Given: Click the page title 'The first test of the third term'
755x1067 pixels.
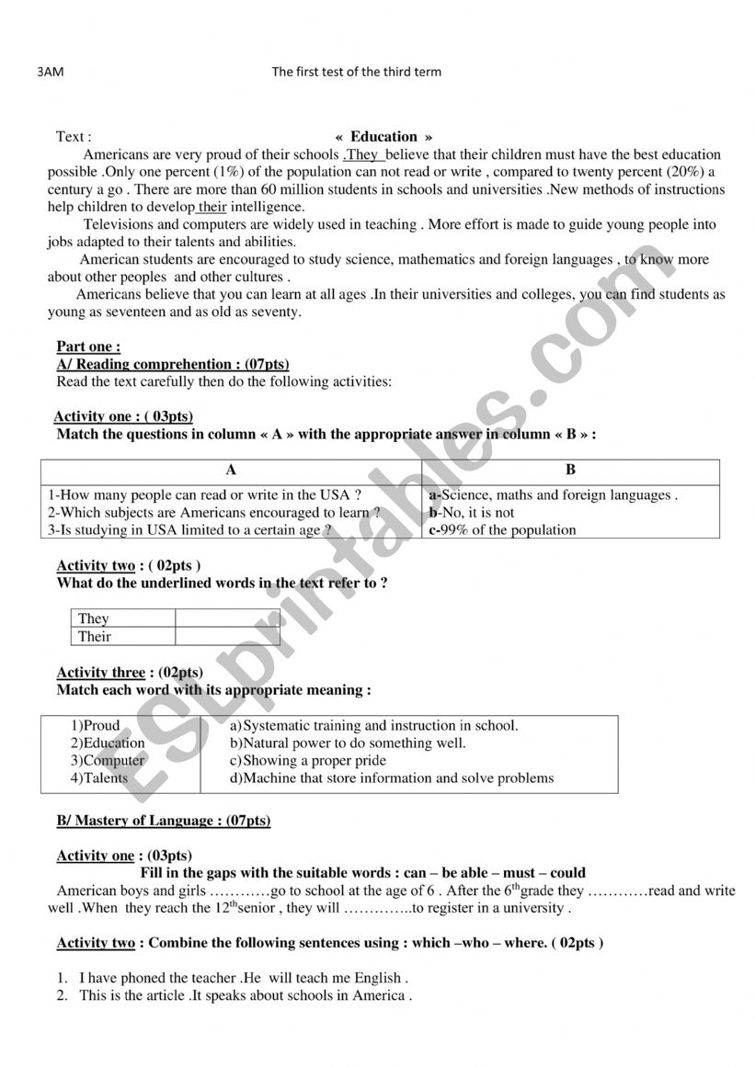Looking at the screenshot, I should [357, 72].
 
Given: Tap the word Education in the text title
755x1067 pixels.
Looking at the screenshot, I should [383, 136].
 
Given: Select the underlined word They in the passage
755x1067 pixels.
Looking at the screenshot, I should [362, 154].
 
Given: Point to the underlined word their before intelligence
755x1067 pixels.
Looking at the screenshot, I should [212, 207].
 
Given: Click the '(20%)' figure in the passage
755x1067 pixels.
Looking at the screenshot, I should [678, 172].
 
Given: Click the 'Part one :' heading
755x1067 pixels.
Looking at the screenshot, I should [88, 346].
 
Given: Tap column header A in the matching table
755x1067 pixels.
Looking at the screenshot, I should [231, 470].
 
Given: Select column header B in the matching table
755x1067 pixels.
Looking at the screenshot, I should [570, 470].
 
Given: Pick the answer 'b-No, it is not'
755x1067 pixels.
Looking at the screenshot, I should [472, 512].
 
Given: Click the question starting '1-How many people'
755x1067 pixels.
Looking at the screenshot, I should [197, 494].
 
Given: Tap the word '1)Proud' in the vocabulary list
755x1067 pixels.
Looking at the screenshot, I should [96, 725].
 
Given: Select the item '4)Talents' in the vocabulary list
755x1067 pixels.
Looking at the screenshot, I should [99, 778].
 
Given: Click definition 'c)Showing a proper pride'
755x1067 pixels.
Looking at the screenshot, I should [308, 761].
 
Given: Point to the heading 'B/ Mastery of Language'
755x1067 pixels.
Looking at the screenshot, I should [164, 821].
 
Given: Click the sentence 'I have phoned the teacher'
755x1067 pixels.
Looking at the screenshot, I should [243, 978].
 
